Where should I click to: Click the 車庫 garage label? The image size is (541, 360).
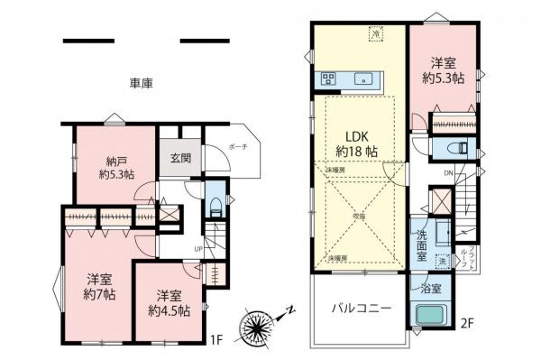(x=141, y=83)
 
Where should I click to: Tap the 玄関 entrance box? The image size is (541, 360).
(x=180, y=158)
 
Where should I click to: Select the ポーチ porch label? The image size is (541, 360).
(x=238, y=146)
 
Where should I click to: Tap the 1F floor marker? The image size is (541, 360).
(x=215, y=340)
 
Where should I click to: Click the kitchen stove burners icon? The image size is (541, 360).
(x=326, y=78)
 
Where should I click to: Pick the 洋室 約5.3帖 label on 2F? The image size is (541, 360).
(x=442, y=70)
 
